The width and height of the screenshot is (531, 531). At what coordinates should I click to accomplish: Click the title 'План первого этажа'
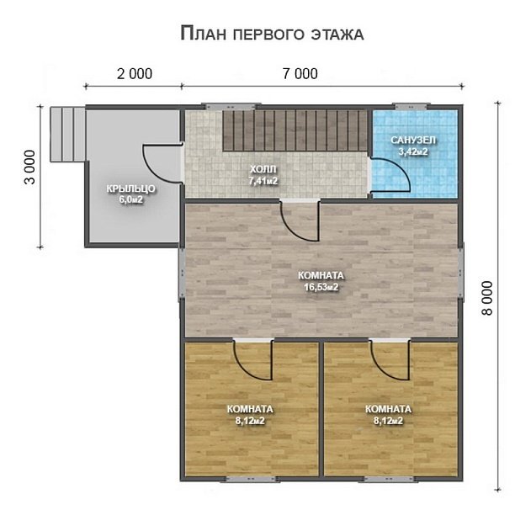(x=272, y=34)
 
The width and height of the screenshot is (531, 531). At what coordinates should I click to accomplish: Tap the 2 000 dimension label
(x=135, y=74)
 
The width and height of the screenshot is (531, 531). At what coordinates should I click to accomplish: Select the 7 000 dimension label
(x=300, y=74)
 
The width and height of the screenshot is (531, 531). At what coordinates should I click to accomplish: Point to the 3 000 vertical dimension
(x=30, y=167)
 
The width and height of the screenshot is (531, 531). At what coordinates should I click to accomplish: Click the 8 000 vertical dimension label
(x=487, y=298)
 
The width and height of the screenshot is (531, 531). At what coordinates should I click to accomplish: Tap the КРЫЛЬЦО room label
(x=130, y=189)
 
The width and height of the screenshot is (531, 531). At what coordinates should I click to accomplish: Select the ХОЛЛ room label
(x=263, y=169)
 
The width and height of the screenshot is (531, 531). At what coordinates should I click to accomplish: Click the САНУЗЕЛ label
(x=413, y=140)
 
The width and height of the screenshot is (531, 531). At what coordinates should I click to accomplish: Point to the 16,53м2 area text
(x=321, y=288)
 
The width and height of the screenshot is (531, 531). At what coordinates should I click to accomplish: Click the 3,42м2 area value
(x=413, y=151)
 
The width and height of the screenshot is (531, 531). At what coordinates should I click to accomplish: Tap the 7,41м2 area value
(x=263, y=181)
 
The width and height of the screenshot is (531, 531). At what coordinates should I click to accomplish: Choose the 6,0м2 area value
(x=130, y=200)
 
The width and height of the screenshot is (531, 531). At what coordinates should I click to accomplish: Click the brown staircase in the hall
(x=295, y=130)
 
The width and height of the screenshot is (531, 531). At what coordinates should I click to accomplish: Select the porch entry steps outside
(x=67, y=135)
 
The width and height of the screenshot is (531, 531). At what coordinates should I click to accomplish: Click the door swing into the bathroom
(x=390, y=178)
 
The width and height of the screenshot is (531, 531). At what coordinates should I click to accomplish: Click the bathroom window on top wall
(x=412, y=107)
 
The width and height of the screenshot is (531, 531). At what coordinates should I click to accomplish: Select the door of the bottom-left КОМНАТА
(x=252, y=359)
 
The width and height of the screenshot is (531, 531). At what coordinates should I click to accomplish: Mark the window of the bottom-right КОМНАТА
(x=390, y=479)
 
